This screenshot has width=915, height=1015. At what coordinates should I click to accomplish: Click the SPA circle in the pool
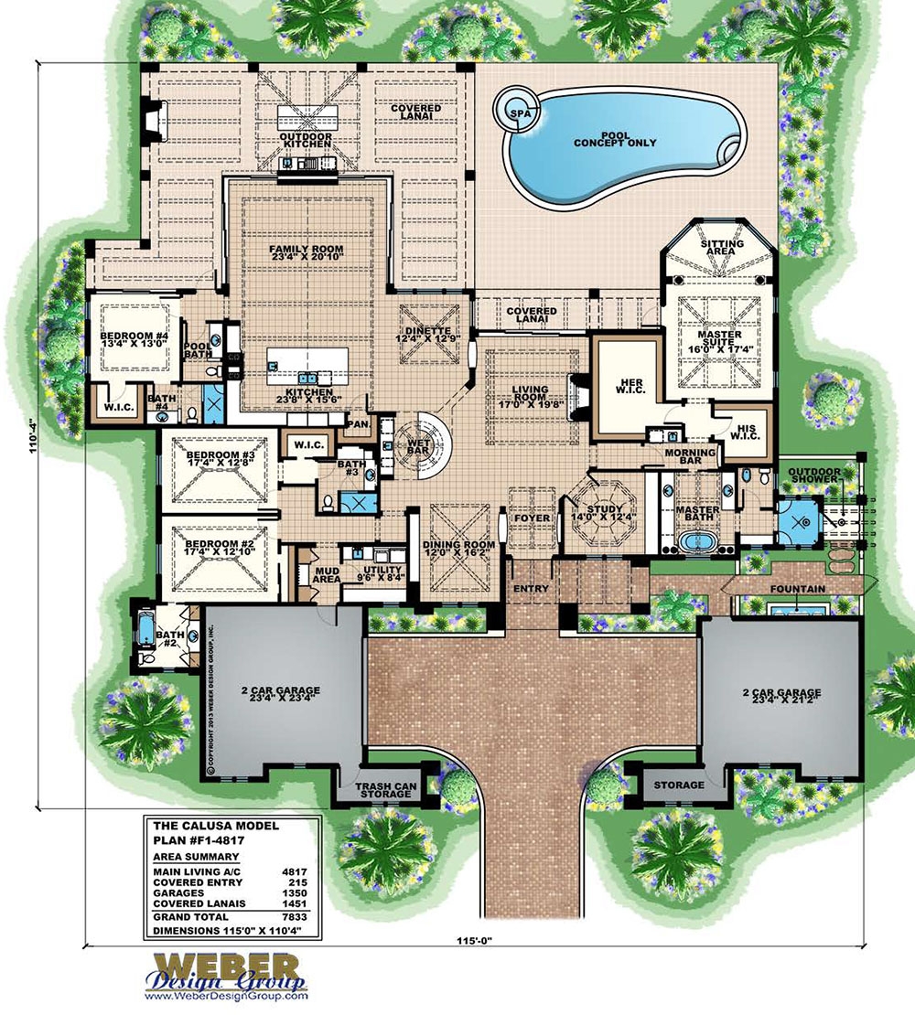tap(517, 112)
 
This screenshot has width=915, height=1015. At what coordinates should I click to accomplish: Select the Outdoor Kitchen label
tap(305, 142)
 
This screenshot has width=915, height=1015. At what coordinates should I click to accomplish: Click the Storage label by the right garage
tap(679, 785)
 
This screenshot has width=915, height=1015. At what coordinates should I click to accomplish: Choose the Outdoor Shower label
tap(814, 474)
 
